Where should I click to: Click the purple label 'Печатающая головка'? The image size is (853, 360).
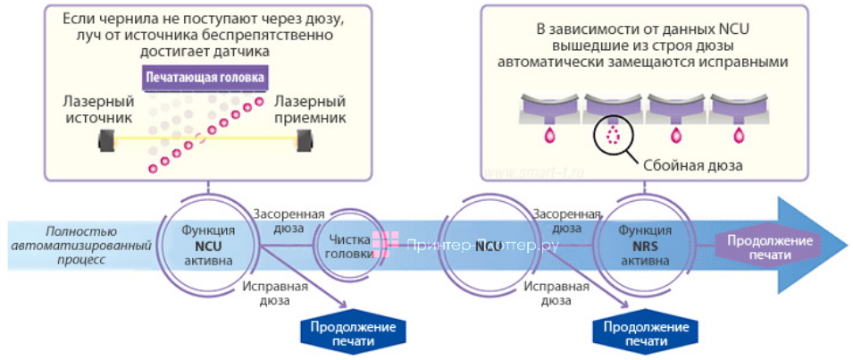(x=205, y=79)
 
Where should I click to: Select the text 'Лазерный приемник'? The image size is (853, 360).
(x=311, y=108)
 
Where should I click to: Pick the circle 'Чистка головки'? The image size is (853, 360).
(x=343, y=246)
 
